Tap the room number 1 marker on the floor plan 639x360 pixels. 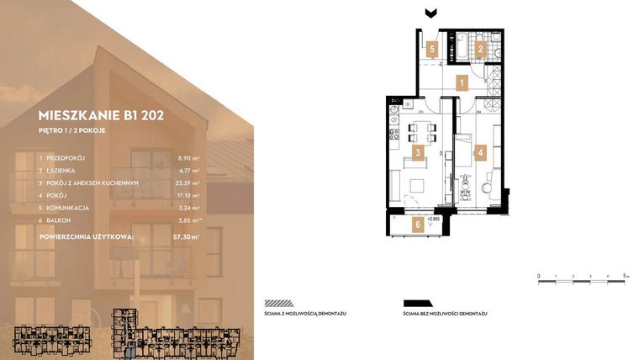461,82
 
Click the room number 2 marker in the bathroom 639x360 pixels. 480,50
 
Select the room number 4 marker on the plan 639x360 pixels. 480,153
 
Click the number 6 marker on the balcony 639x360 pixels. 416,224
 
